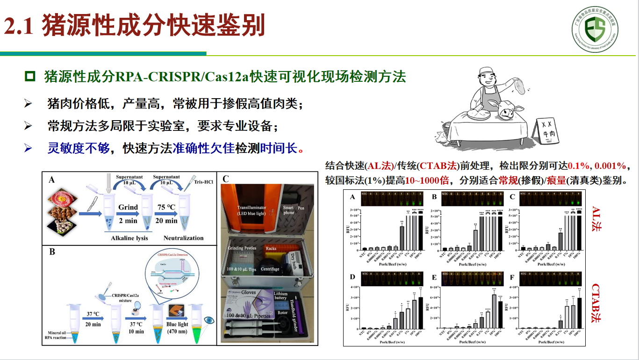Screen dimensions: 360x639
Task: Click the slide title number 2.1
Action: pyautogui.click(x=19, y=26)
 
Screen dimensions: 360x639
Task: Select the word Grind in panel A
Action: pyautogui.click(x=128, y=207)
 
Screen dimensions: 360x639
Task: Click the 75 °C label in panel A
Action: pyautogui.click(x=166, y=207)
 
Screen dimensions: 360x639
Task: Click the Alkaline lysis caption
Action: pyautogui.click(x=129, y=238)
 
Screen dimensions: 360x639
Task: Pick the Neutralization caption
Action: pyautogui.click(x=184, y=238)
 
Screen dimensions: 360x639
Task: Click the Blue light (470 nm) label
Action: pyautogui.click(x=177, y=328)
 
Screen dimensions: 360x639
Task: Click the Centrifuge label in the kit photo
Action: pyautogui.click(x=270, y=269)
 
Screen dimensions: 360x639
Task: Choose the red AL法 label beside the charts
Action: pyautogui.click(x=596, y=218)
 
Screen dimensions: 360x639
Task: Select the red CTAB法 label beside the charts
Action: pyautogui.click(x=596, y=302)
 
